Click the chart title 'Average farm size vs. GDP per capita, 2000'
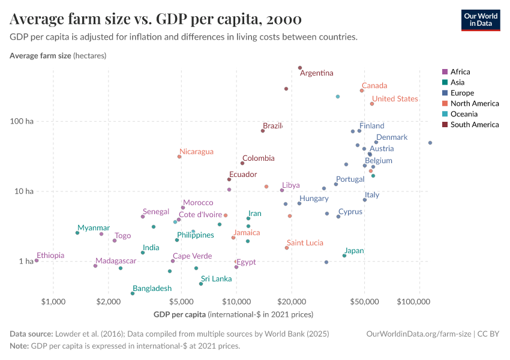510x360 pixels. [155, 19]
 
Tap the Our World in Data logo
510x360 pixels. [480, 20]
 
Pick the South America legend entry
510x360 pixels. [474, 125]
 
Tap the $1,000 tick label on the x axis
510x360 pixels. [53, 300]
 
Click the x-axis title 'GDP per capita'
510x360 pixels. [179, 314]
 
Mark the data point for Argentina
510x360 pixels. [300, 68]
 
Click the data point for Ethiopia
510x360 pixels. [37, 260]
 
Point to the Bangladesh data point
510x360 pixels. [133, 293]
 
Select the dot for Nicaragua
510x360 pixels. [179, 157]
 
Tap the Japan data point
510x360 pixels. [344, 256]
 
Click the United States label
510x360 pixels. [395, 99]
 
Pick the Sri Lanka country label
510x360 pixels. [216, 278]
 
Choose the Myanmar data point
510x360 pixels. [77, 233]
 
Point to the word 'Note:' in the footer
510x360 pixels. [19, 346]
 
